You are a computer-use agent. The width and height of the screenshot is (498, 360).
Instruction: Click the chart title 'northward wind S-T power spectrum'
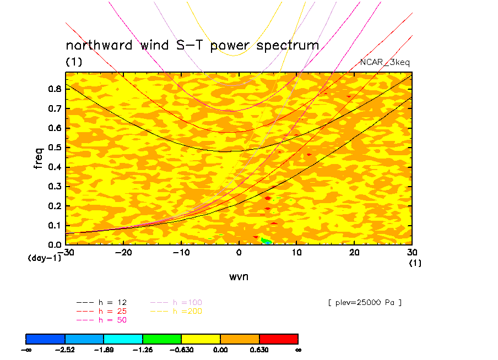coord(192,45)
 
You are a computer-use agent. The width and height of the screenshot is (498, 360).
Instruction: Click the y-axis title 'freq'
coord(39,157)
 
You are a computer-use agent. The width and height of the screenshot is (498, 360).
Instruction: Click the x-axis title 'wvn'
coord(239,276)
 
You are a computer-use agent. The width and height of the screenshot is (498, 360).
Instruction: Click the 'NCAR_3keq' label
coord(385,62)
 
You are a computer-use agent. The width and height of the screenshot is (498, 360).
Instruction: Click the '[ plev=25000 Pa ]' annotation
coord(364,302)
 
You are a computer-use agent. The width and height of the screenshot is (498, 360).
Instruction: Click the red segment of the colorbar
coord(279,339)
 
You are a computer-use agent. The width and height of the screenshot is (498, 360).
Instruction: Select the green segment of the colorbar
coord(162,339)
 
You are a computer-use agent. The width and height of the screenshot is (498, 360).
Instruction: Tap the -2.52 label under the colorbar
coord(65,349)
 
